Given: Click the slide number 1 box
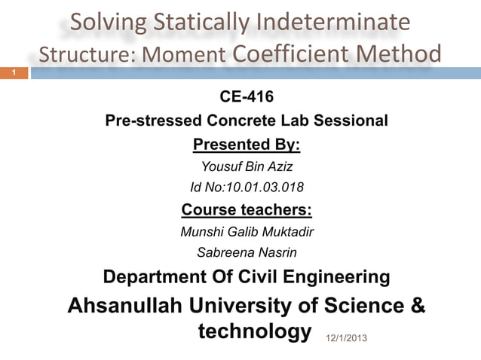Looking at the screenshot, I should click(x=13, y=73).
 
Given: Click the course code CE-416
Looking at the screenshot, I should click(x=247, y=97).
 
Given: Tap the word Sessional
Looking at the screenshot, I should click(x=355, y=121).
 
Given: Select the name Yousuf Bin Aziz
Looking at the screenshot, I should click(x=247, y=166).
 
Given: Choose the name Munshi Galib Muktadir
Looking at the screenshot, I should click(x=247, y=231).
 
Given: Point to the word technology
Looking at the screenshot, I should click(x=253, y=331).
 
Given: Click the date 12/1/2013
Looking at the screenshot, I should click(x=347, y=338).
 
